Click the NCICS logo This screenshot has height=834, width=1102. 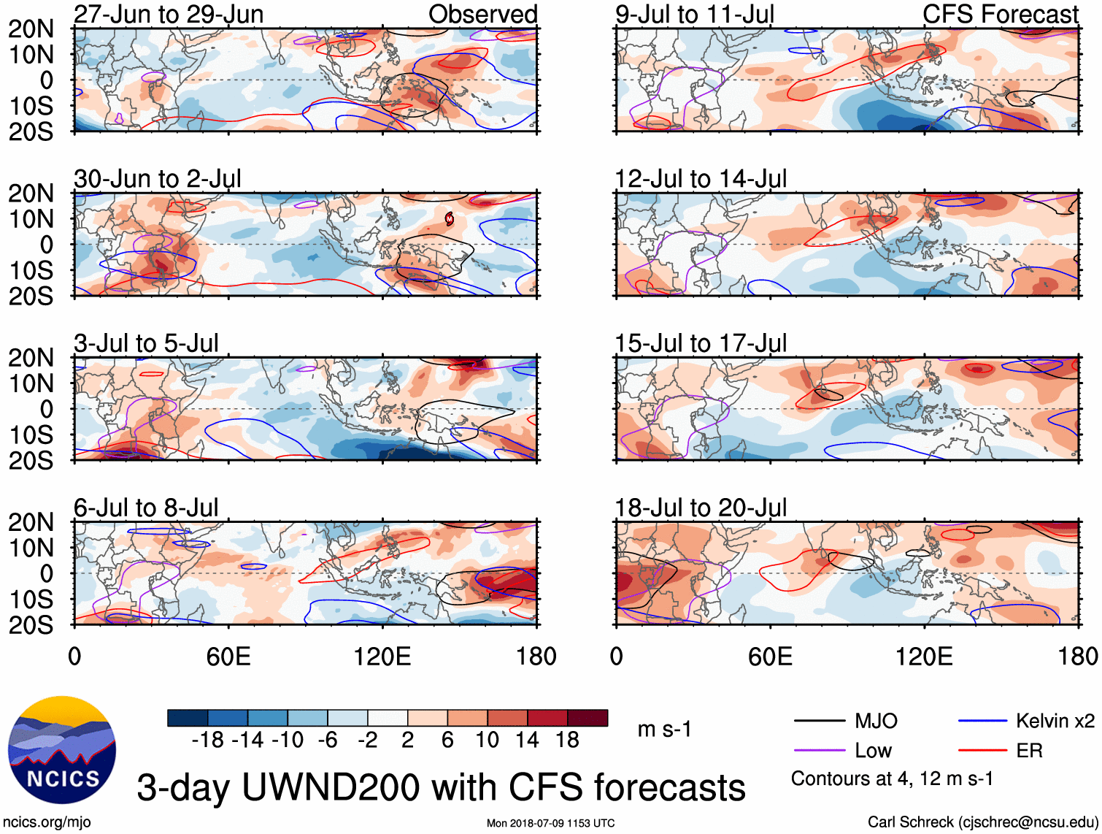point(61,750)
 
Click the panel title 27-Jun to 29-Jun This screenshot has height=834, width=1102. point(169,15)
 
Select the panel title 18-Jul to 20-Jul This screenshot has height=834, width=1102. point(700,508)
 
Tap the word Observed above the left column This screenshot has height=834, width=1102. point(482,15)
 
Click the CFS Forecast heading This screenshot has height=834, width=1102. point(1000,15)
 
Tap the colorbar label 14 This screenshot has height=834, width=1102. point(527,741)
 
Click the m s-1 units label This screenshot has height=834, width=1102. point(664,730)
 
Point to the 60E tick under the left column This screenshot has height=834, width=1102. point(228,657)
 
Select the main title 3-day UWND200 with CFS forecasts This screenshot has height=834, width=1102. point(441,787)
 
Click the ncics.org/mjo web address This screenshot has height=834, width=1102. point(47,822)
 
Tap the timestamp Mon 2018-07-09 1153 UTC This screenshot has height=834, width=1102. point(550,823)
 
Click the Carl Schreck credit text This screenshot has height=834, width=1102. point(982,822)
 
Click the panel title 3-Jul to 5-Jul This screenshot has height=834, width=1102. point(146,343)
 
